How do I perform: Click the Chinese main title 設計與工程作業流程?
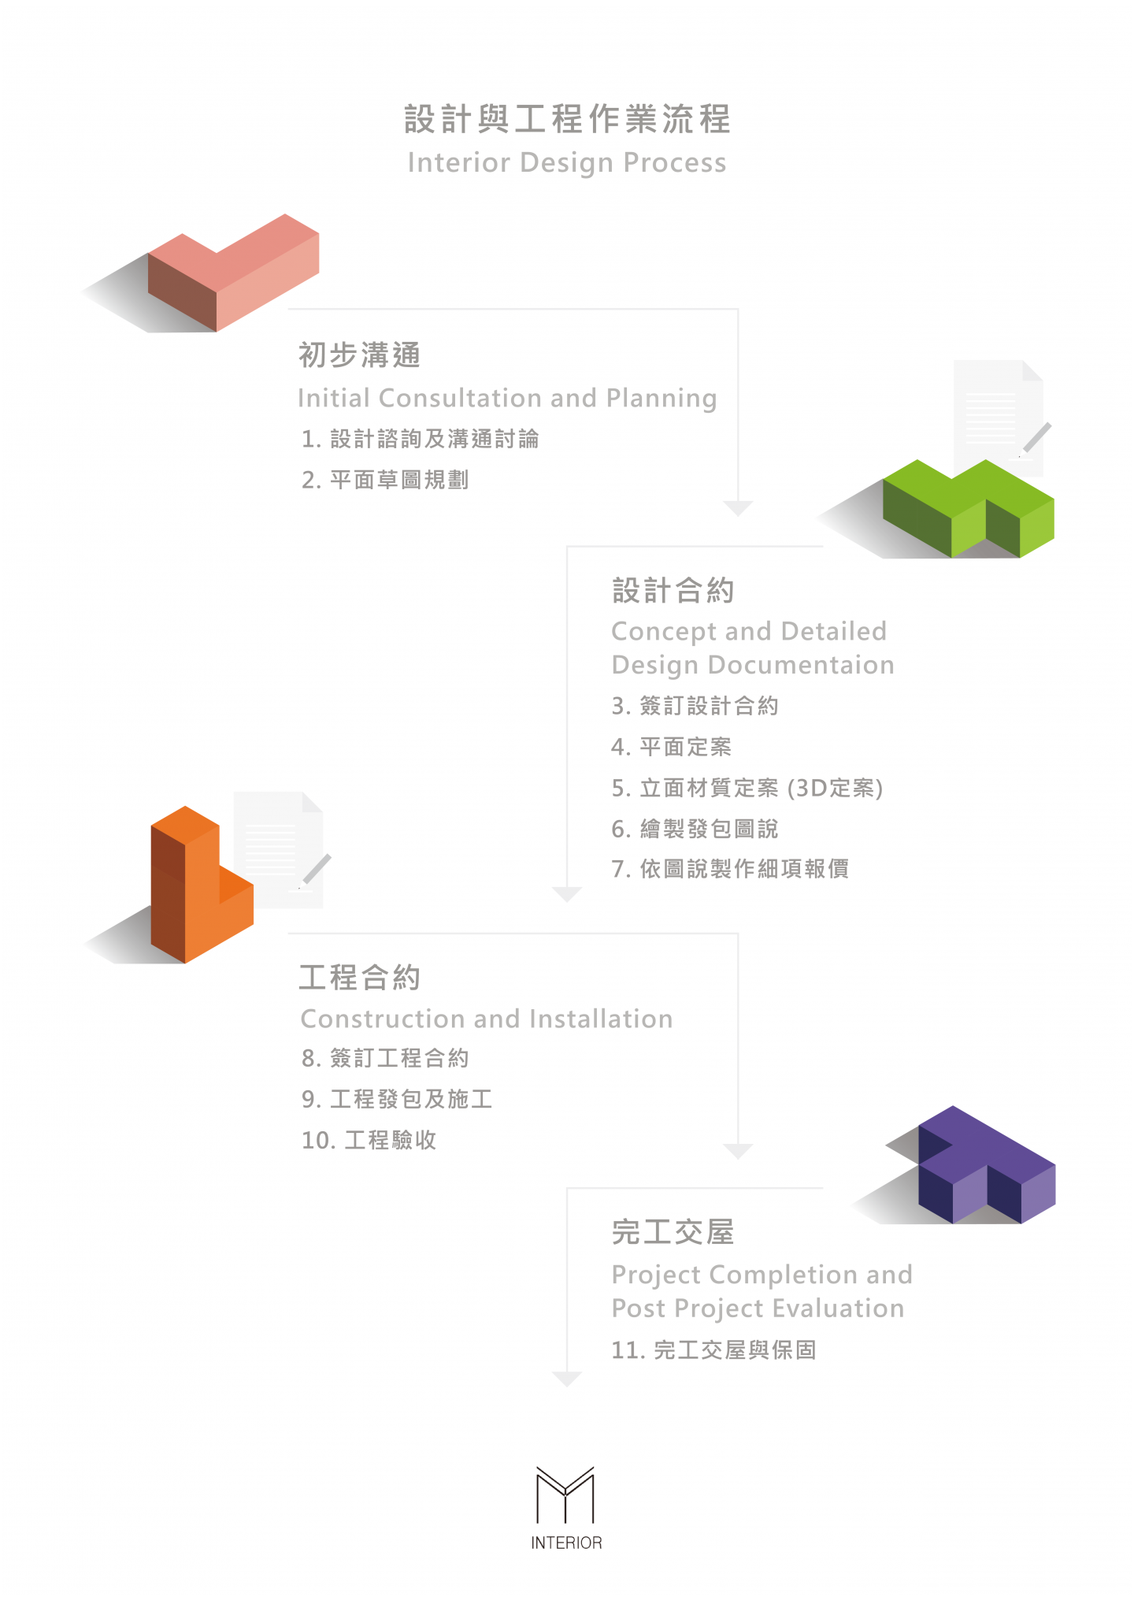[x=567, y=119]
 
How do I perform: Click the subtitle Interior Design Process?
[x=567, y=162]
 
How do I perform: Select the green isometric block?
[x=969, y=508]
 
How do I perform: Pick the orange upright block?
[x=202, y=885]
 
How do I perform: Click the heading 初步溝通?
[x=360, y=355]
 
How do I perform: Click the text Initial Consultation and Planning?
[x=507, y=398]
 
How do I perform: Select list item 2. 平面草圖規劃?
[x=385, y=480]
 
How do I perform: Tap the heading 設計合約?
[x=673, y=590]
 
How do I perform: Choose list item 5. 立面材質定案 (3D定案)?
[x=747, y=788]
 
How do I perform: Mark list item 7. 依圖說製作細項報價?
[x=730, y=869]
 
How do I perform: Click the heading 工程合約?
[x=360, y=978]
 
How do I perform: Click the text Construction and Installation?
[x=487, y=1019]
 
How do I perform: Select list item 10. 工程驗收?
[x=369, y=1140]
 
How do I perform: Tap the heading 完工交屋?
[x=673, y=1232]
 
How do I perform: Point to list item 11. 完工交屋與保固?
[x=713, y=1350]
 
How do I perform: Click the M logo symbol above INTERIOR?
[x=565, y=1495]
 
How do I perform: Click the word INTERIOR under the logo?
[x=566, y=1542]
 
